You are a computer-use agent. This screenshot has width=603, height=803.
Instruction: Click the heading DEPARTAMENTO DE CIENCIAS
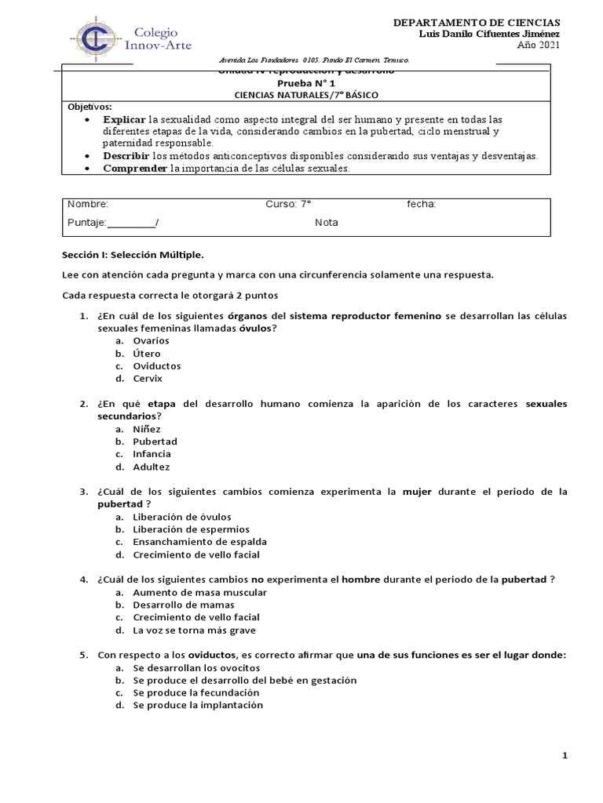(x=477, y=23)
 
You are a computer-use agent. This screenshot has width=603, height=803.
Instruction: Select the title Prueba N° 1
(x=305, y=82)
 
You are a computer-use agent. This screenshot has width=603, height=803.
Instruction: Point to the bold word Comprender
(x=136, y=168)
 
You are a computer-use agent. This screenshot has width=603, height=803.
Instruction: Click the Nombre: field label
(x=83, y=204)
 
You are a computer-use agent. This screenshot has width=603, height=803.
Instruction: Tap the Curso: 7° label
(x=288, y=204)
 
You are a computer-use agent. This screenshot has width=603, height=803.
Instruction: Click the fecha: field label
(x=421, y=204)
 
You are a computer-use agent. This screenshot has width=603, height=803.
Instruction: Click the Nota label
(x=327, y=223)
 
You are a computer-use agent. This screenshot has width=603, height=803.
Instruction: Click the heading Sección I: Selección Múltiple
(x=132, y=256)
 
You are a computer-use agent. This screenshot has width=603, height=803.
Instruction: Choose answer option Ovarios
(x=151, y=341)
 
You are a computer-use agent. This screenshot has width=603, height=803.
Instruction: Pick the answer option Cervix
(x=148, y=379)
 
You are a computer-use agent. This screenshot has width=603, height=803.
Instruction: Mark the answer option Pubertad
(x=155, y=441)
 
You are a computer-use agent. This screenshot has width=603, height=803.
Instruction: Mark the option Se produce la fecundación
(x=196, y=692)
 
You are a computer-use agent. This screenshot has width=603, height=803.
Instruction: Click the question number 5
(x=83, y=655)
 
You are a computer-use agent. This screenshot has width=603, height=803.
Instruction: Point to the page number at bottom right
(x=565, y=755)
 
